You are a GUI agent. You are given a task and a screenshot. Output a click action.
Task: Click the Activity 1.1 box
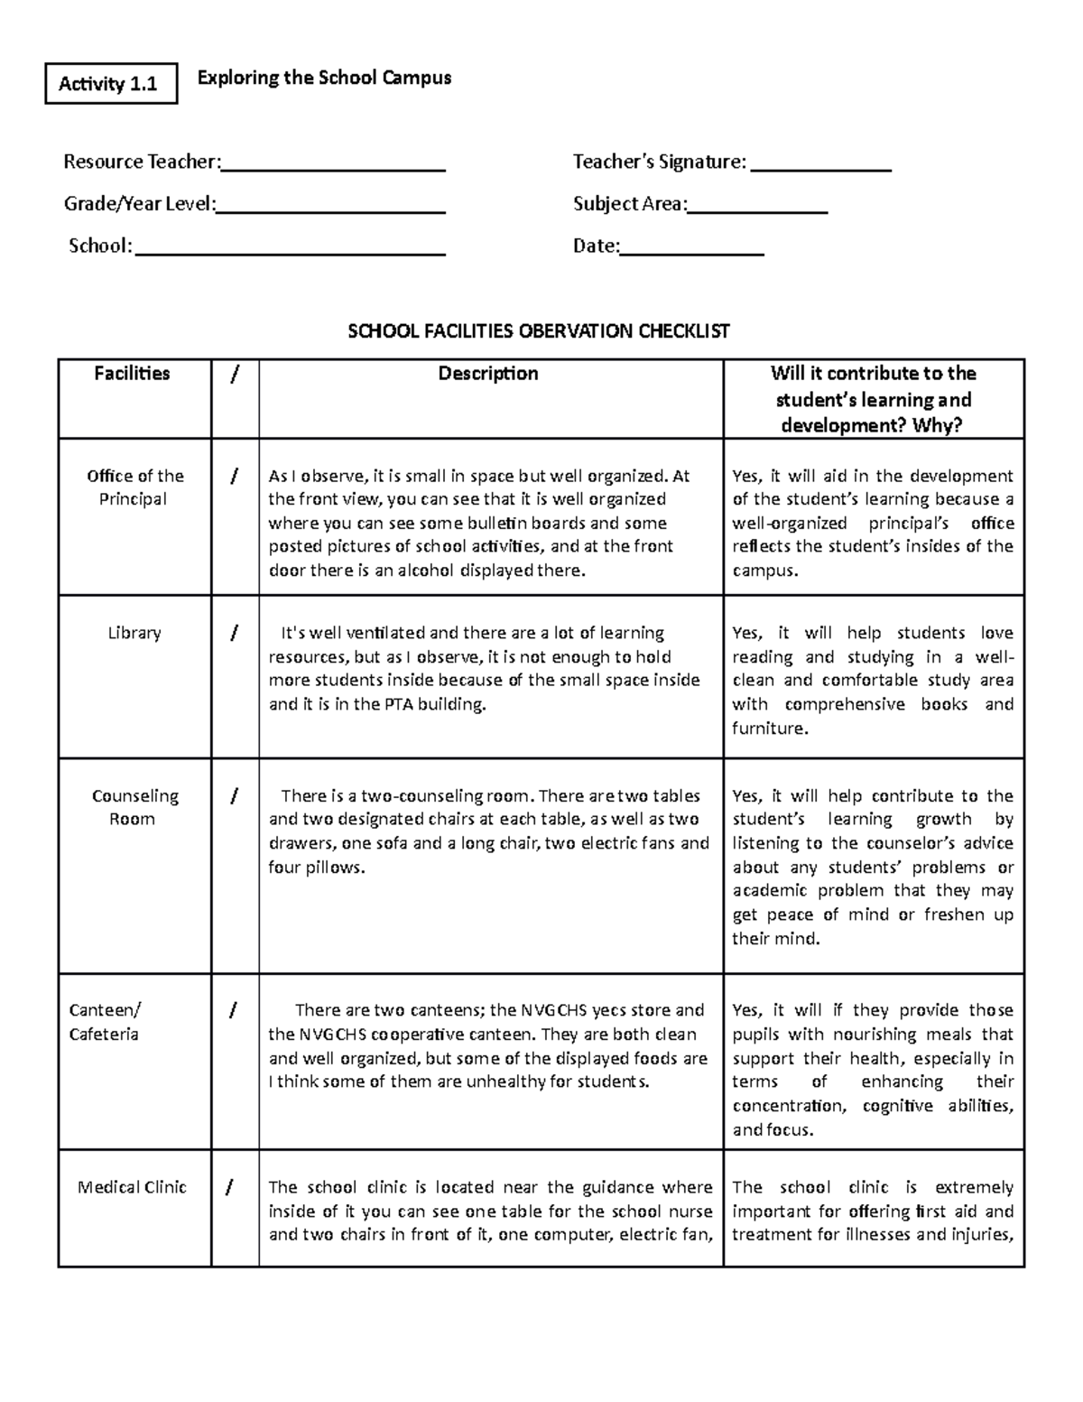(x=110, y=84)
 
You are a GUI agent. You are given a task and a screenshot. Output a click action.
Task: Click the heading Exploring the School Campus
(x=324, y=78)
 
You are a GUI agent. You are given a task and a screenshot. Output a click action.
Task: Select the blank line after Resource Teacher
(x=333, y=167)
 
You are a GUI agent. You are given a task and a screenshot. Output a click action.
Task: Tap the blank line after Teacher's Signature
(x=820, y=167)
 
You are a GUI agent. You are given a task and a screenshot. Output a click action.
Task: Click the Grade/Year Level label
(x=139, y=204)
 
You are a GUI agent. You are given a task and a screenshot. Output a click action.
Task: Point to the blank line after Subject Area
(x=757, y=209)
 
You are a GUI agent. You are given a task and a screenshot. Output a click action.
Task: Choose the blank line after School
(x=290, y=252)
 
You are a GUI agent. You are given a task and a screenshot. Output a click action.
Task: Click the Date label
(x=596, y=246)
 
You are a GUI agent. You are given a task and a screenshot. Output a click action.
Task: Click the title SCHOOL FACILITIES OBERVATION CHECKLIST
(x=539, y=331)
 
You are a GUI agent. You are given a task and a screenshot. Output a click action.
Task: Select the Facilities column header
(x=132, y=374)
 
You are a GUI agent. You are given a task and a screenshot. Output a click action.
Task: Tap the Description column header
(x=488, y=374)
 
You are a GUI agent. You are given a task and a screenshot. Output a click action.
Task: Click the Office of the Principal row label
(x=134, y=487)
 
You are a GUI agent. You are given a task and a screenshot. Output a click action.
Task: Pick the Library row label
(x=134, y=633)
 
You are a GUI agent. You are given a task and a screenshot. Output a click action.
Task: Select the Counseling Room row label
(x=134, y=807)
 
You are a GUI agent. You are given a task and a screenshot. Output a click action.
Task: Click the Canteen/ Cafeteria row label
(x=105, y=1022)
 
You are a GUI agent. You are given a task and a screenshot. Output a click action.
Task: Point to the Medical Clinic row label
(x=132, y=1187)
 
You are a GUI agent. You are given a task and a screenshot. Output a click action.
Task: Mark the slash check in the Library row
(x=234, y=633)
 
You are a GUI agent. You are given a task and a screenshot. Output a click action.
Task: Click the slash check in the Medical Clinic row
(x=234, y=1187)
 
